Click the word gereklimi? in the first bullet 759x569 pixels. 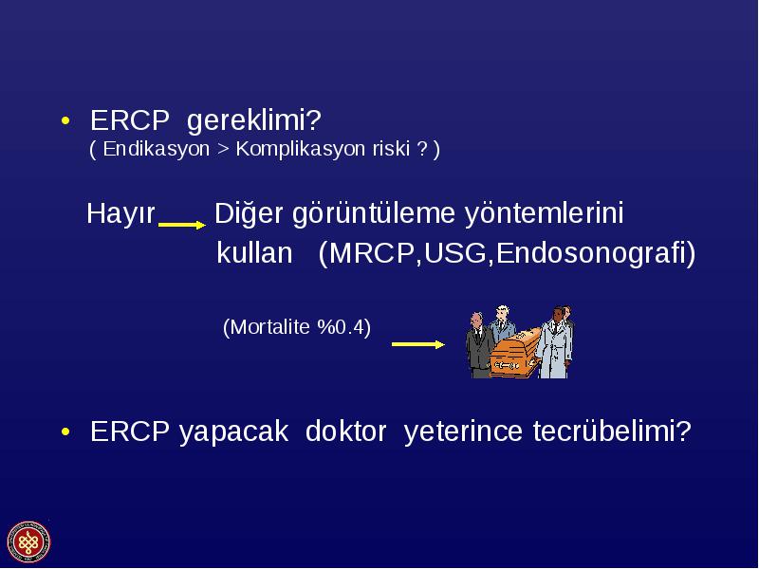tap(253, 121)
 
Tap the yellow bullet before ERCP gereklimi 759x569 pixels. tap(65, 120)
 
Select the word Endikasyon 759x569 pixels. tap(156, 149)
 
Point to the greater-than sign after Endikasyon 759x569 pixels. tap(223, 150)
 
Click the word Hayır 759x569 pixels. tap(121, 213)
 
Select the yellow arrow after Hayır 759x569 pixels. tap(182, 225)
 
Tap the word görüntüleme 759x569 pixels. tap(374, 214)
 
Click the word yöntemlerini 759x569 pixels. tap(544, 214)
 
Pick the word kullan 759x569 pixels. tap(254, 252)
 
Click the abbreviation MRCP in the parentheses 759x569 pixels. tap(372, 253)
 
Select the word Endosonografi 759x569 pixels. tap(591, 253)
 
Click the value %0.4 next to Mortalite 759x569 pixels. tap(340, 327)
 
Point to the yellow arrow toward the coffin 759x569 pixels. tap(418, 344)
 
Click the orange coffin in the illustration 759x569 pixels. tap(514, 352)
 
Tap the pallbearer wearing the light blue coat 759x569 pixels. tap(556, 342)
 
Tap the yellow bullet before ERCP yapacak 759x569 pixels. tap(65, 431)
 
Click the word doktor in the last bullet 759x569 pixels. tap(345, 431)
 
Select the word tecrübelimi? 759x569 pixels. tap(612, 431)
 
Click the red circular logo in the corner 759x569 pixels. tap(28, 542)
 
